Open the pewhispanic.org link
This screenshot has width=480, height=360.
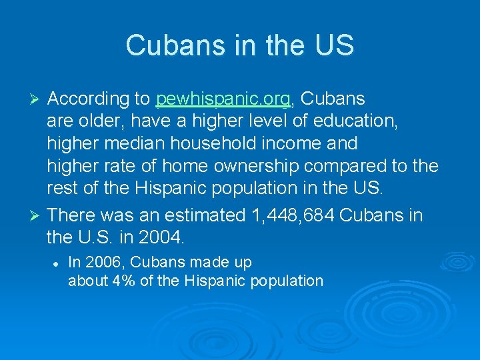223,99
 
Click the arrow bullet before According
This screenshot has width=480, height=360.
37,99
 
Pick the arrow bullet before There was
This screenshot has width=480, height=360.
37,215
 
